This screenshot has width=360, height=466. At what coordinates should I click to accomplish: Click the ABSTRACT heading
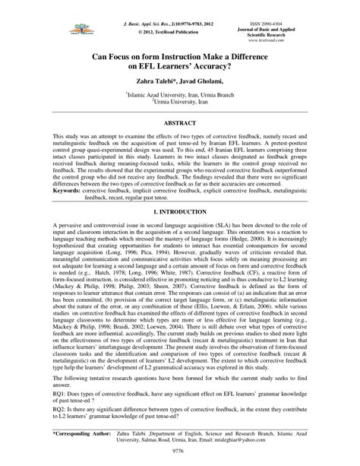click(x=179, y=121)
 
